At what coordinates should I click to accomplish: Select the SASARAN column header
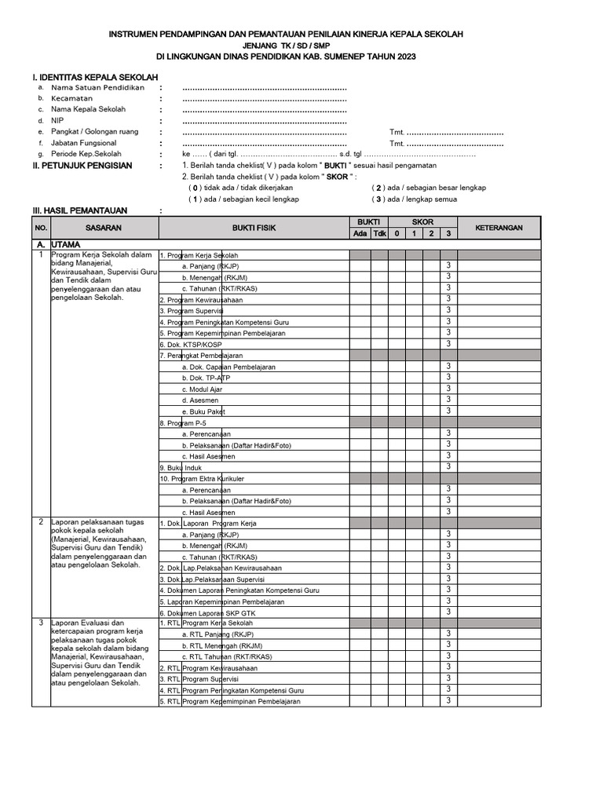104,228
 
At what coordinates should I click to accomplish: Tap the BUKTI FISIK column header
254,228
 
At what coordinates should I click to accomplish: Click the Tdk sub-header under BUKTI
379,233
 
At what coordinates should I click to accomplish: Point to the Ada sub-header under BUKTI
360,233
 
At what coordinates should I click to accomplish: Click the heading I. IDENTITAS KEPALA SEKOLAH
95,78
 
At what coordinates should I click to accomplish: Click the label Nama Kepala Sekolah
88,109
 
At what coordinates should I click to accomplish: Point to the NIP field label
57,121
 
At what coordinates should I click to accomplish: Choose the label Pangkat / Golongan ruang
94,132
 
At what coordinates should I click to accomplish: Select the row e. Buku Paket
203,411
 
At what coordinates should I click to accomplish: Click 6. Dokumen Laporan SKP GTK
210,612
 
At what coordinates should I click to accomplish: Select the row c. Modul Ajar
202,389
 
